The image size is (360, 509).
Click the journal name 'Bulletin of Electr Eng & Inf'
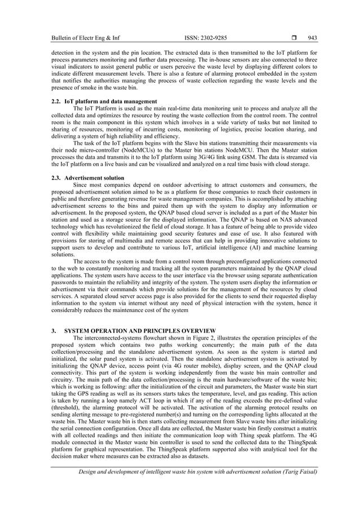tap(85, 38)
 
